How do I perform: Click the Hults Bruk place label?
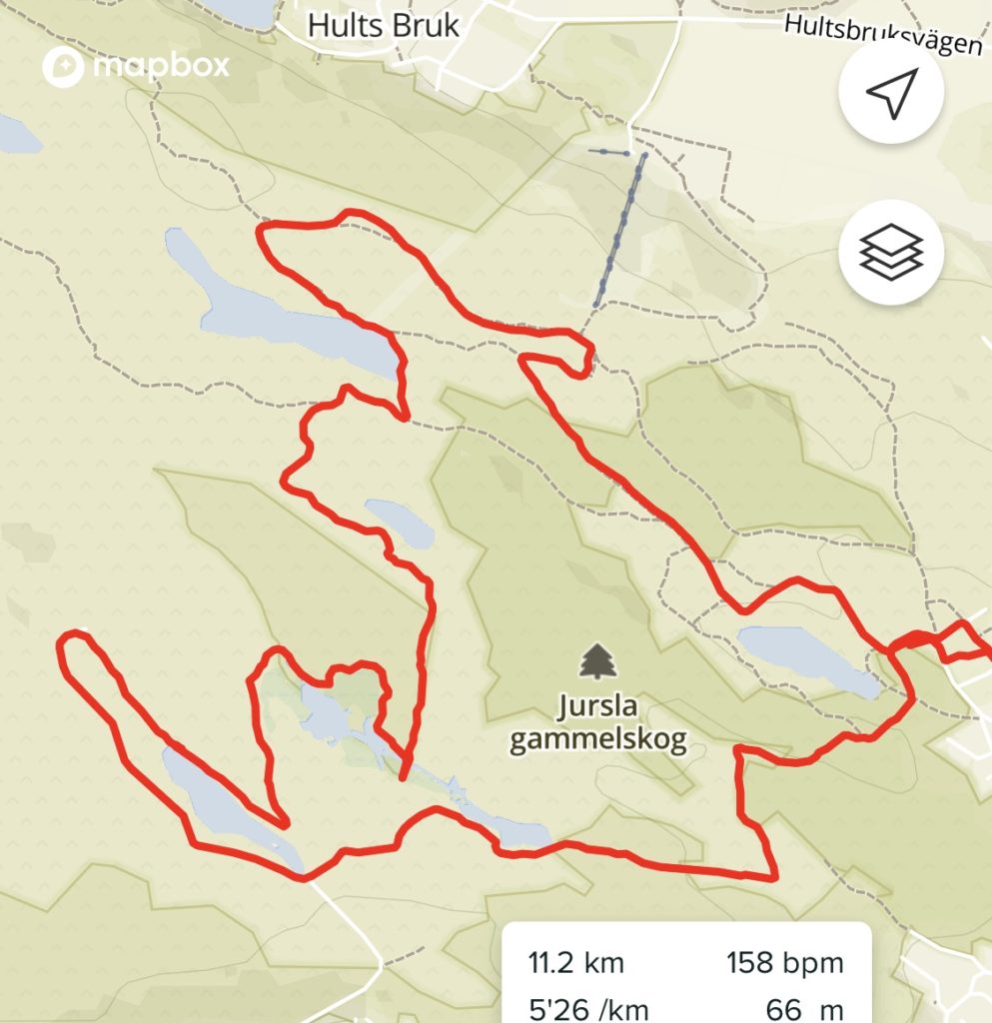pos(384,25)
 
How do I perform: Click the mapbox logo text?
pos(161,66)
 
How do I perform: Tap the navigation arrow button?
pos(891,95)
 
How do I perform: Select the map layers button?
pos(891,252)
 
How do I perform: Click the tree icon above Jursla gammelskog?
pos(597,661)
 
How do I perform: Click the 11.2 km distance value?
pos(575,963)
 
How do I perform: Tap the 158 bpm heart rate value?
pos(784,963)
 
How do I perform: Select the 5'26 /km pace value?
pos(575,1008)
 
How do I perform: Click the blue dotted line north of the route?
pos(619,230)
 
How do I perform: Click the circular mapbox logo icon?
pos(62,67)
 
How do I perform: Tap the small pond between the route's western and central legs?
pos(400,521)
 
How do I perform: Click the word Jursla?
pos(597,709)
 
